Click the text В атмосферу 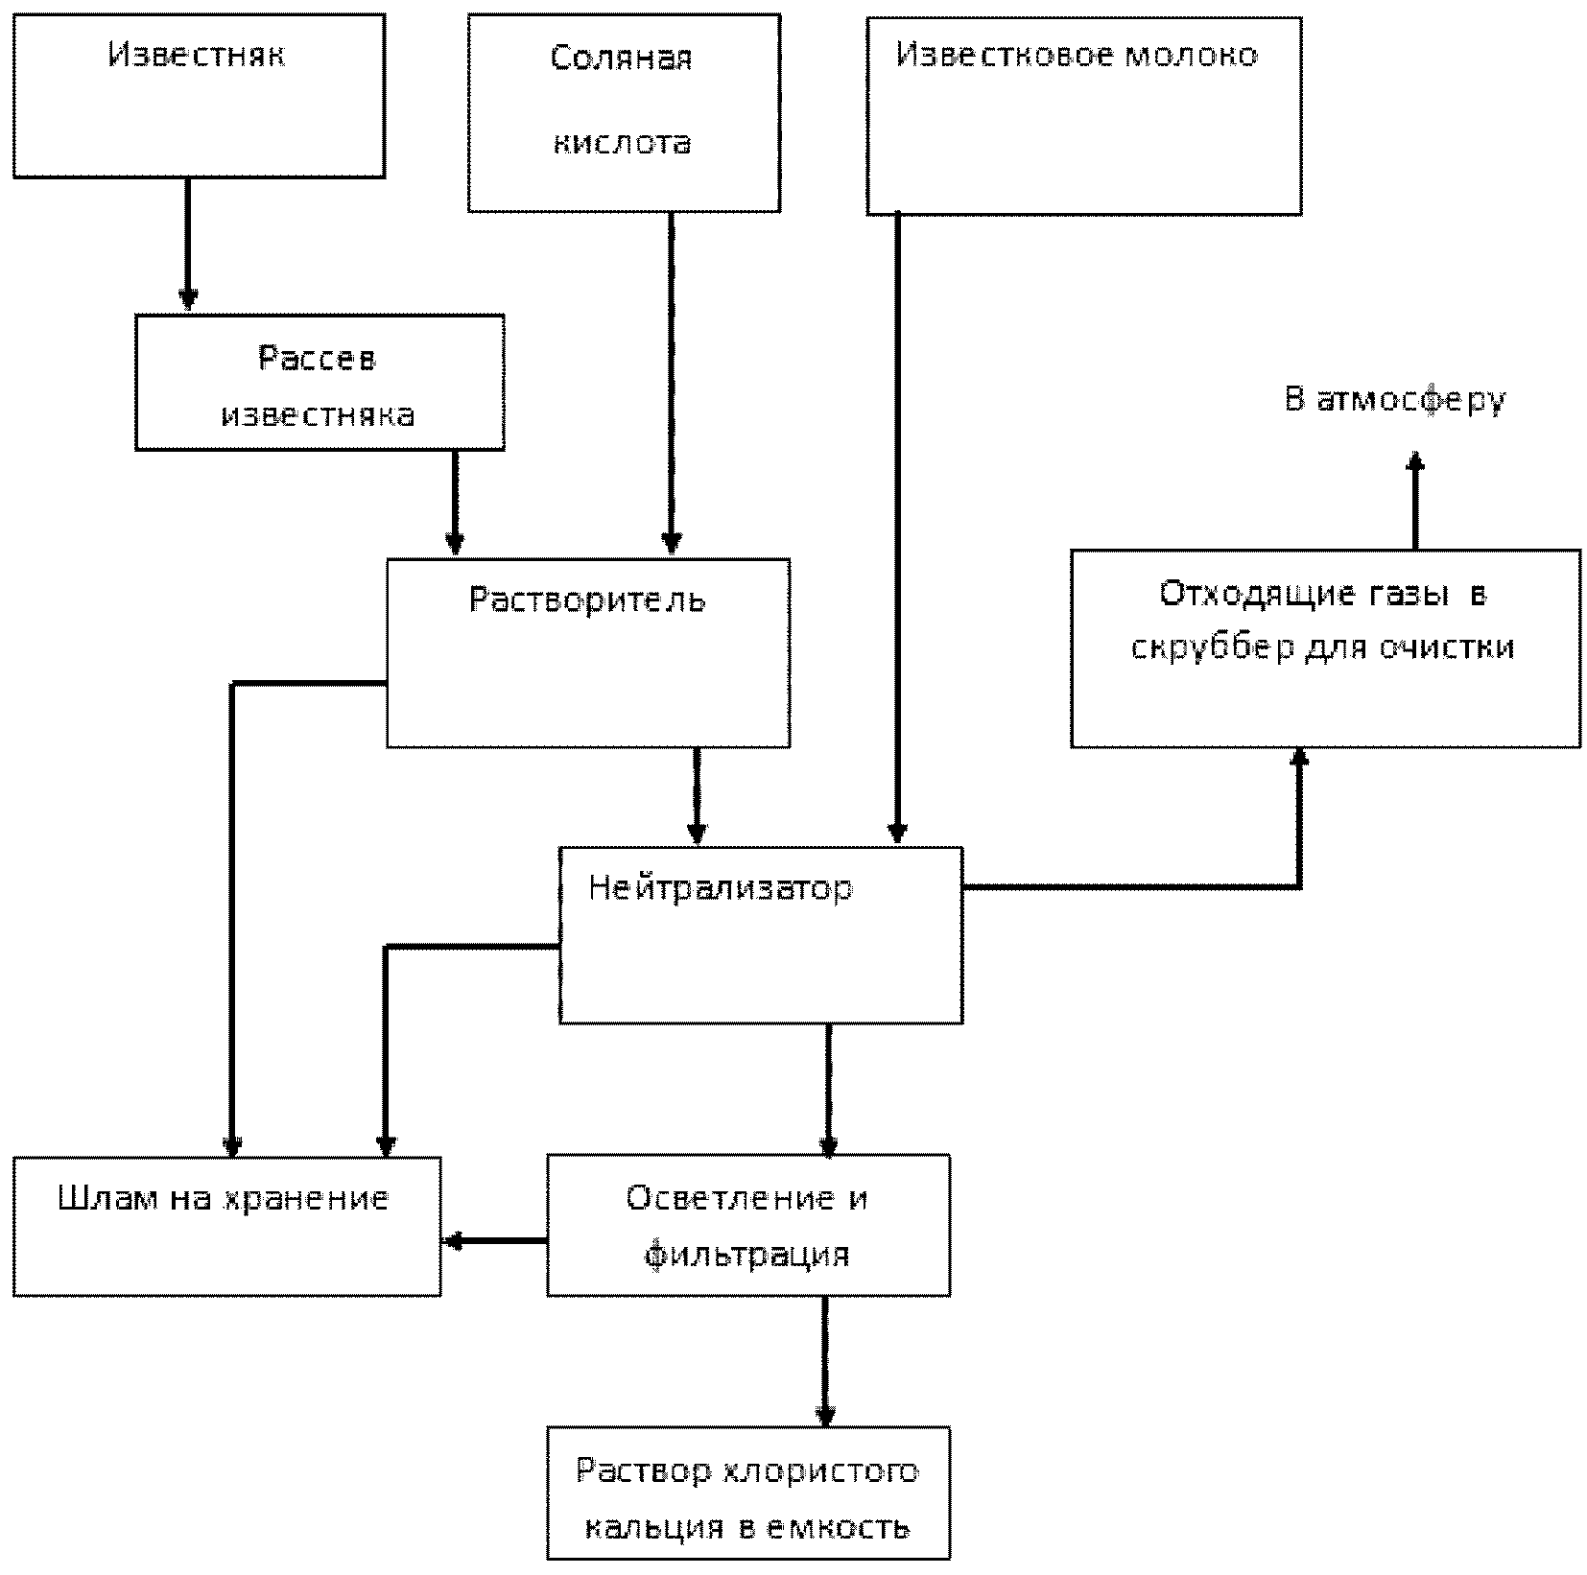click(1395, 399)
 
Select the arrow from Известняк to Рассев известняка click(188, 245)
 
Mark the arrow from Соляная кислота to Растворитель click(671, 384)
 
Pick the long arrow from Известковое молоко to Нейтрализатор click(897, 529)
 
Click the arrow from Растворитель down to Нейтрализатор click(698, 796)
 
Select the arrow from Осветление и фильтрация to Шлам click(495, 1241)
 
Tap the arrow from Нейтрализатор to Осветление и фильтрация click(828, 1090)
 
